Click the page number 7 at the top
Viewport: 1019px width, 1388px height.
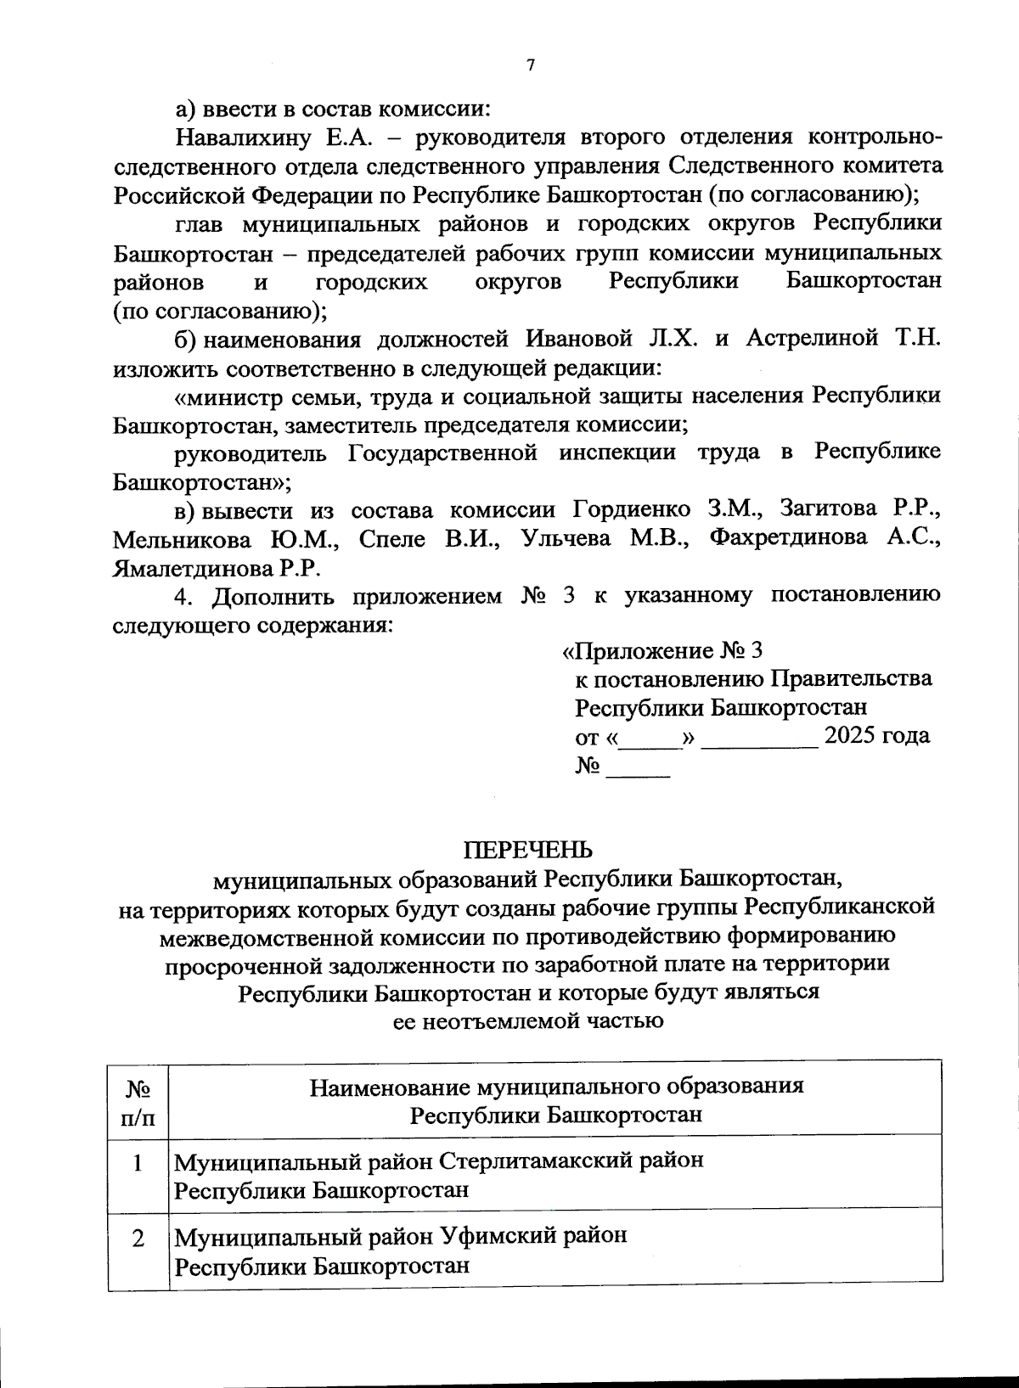[x=531, y=66]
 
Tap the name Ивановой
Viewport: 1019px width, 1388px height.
[x=579, y=339]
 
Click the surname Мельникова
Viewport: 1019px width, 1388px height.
[x=182, y=539]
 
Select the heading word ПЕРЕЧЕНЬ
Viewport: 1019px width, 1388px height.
[x=527, y=850]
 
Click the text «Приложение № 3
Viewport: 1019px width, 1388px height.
[x=662, y=651]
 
